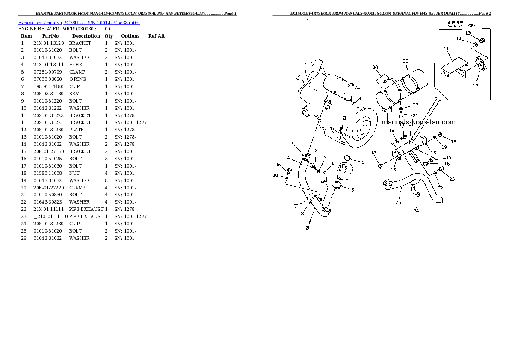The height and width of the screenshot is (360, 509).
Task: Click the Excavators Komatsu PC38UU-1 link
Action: click(x=79, y=22)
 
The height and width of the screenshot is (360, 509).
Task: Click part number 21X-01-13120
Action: click(x=48, y=43)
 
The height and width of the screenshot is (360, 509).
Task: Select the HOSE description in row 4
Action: click(x=75, y=65)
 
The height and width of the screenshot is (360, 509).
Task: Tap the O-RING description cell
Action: click(x=77, y=79)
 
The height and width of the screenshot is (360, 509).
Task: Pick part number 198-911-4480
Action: click(x=48, y=86)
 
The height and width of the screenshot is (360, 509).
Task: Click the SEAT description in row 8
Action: click(x=75, y=94)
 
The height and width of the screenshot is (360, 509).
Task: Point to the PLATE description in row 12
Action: click(x=76, y=130)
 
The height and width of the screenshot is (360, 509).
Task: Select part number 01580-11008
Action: click(x=47, y=173)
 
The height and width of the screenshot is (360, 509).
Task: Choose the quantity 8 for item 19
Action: click(x=106, y=180)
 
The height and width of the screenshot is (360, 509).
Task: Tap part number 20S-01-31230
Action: click(x=48, y=224)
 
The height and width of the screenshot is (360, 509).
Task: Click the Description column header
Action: click(x=86, y=36)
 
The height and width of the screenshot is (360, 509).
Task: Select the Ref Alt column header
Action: click(x=157, y=36)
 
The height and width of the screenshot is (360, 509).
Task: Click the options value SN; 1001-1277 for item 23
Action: click(x=131, y=216)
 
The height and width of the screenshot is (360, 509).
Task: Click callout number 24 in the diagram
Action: click(x=416, y=210)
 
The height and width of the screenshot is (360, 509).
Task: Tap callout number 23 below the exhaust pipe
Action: click(x=398, y=202)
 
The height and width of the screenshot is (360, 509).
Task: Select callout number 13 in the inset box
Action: click(x=468, y=33)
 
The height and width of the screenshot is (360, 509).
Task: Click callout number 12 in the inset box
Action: click(x=475, y=86)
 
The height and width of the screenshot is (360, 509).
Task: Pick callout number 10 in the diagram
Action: click(x=275, y=175)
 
